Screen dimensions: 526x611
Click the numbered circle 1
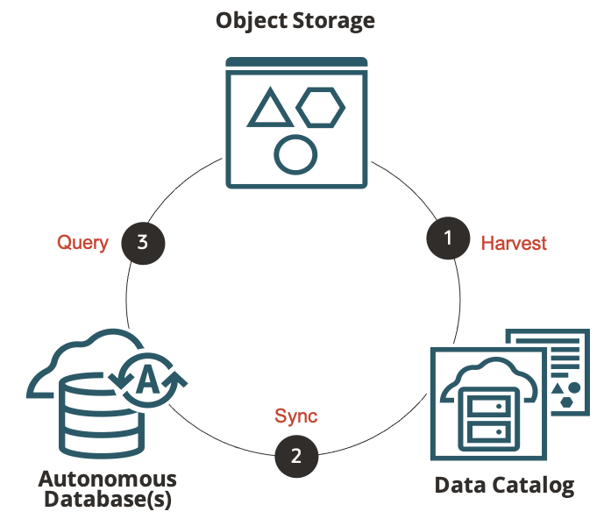point(448,238)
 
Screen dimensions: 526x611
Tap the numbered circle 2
point(296,456)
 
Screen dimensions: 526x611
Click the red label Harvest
point(514,244)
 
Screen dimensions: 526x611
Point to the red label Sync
point(296,416)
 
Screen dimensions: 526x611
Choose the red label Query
point(82,243)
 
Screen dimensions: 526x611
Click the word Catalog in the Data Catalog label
point(531,485)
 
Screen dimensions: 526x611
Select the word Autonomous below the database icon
point(108,480)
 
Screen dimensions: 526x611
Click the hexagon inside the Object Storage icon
point(320,107)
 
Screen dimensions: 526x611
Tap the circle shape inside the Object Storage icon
point(295,153)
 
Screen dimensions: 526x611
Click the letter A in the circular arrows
point(149,380)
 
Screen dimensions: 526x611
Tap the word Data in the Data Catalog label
point(460,485)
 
